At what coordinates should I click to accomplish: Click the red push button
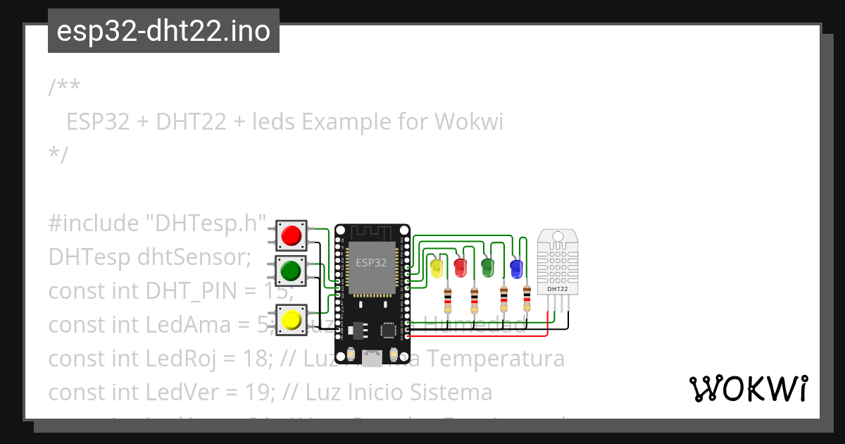pyautogui.click(x=291, y=235)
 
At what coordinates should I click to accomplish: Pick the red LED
pyautogui.click(x=461, y=267)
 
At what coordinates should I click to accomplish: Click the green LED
pyautogui.click(x=487, y=266)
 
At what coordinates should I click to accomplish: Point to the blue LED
pyautogui.click(x=516, y=267)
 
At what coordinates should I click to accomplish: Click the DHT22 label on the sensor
pyautogui.click(x=558, y=289)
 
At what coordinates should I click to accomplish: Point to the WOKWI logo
pyautogui.click(x=748, y=388)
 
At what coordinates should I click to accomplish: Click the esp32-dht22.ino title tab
pyautogui.click(x=163, y=31)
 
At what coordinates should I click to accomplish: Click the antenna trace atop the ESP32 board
pyautogui.click(x=371, y=232)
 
